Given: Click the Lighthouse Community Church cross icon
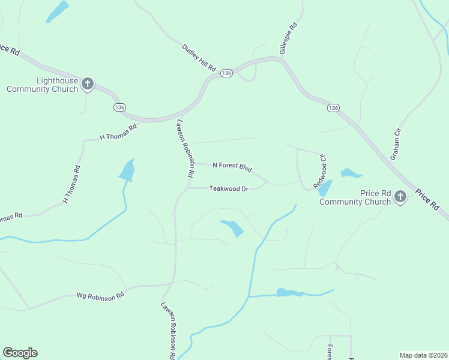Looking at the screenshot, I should (88, 83).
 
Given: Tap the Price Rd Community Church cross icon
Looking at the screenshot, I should (401, 196).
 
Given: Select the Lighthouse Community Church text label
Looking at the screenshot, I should (42, 85).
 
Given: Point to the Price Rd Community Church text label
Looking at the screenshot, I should (355, 197).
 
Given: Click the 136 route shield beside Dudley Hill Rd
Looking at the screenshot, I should (226, 73).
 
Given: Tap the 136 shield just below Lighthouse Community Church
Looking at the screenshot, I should (119, 107).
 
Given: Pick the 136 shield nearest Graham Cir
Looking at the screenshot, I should (334, 107).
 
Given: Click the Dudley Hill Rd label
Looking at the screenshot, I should (199, 58).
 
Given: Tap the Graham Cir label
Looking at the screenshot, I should (395, 145).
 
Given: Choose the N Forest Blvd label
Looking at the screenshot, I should (232, 167).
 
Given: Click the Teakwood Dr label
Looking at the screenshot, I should (229, 188).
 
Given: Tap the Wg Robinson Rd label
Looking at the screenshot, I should (100, 295).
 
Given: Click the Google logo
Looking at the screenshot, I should (20, 353).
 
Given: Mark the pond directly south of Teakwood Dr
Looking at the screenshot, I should (232, 227).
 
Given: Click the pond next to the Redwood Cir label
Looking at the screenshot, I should (325, 188).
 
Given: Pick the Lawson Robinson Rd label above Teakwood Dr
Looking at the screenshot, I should (184, 148).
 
